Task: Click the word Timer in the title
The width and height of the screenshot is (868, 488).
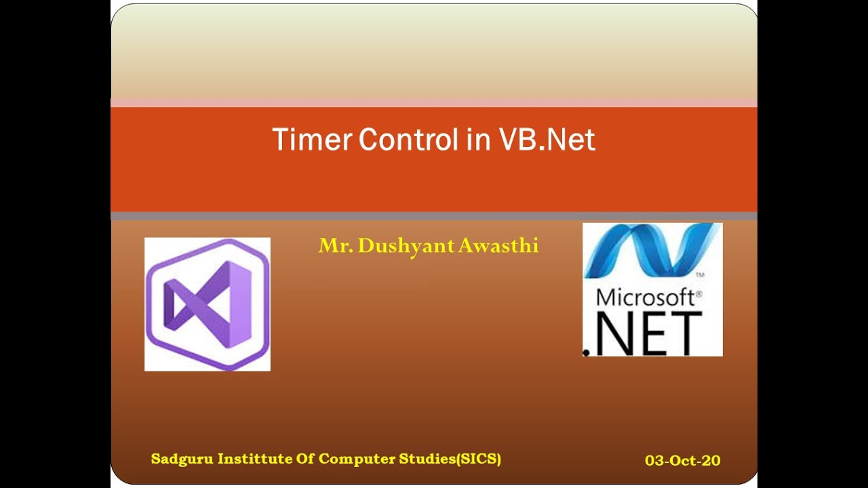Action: pyautogui.click(x=312, y=140)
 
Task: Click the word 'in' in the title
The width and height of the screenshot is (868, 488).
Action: pyautogui.click(x=477, y=140)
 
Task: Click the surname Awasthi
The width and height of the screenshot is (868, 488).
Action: pyautogui.click(x=498, y=245)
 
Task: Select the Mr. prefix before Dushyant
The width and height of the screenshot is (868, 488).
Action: pyautogui.click(x=335, y=245)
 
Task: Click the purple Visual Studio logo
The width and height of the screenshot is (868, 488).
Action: pyautogui.click(x=208, y=304)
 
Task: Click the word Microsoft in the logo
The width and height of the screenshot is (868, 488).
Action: pyautogui.click(x=644, y=298)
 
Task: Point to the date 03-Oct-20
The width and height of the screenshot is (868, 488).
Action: pyautogui.click(x=682, y=461)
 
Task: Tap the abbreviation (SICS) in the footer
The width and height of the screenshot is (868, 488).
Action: pyautogui.click(x=479, y=459)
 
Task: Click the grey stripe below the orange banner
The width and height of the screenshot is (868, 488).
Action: pyautogui.click(x=434, y=216)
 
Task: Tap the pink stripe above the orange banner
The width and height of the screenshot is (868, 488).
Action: pyautogui.click(x=434, y=102)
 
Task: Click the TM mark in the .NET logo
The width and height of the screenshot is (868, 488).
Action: pyautogui.click(x=700, y=276)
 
